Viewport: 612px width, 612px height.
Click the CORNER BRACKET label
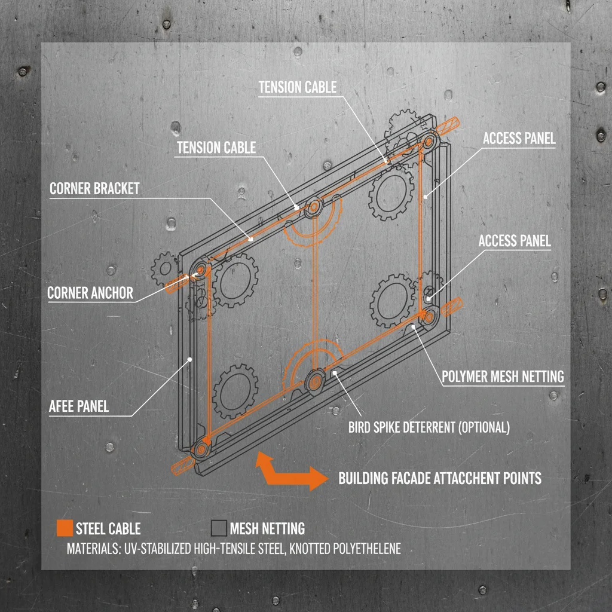[94, 188]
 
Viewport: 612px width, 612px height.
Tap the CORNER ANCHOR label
[90, 293]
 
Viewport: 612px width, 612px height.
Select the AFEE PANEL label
[79, 406]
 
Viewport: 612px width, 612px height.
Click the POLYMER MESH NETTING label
[503, 377]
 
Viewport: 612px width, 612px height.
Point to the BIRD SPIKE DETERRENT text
[402, 427]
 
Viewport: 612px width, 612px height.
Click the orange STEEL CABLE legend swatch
[65, 528]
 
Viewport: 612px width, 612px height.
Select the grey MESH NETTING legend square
[219, 528]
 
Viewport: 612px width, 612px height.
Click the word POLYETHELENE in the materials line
[367, 549]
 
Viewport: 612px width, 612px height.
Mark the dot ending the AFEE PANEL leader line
[189, 359]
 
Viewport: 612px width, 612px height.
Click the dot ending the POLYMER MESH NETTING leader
[414, 327]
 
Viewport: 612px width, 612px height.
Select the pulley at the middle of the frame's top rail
[314, 207]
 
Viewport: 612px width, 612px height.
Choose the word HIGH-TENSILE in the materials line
[221, 549]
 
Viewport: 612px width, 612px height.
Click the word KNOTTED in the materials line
[310, 549]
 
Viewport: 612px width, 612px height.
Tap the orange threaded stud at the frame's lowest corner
[183, 465]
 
